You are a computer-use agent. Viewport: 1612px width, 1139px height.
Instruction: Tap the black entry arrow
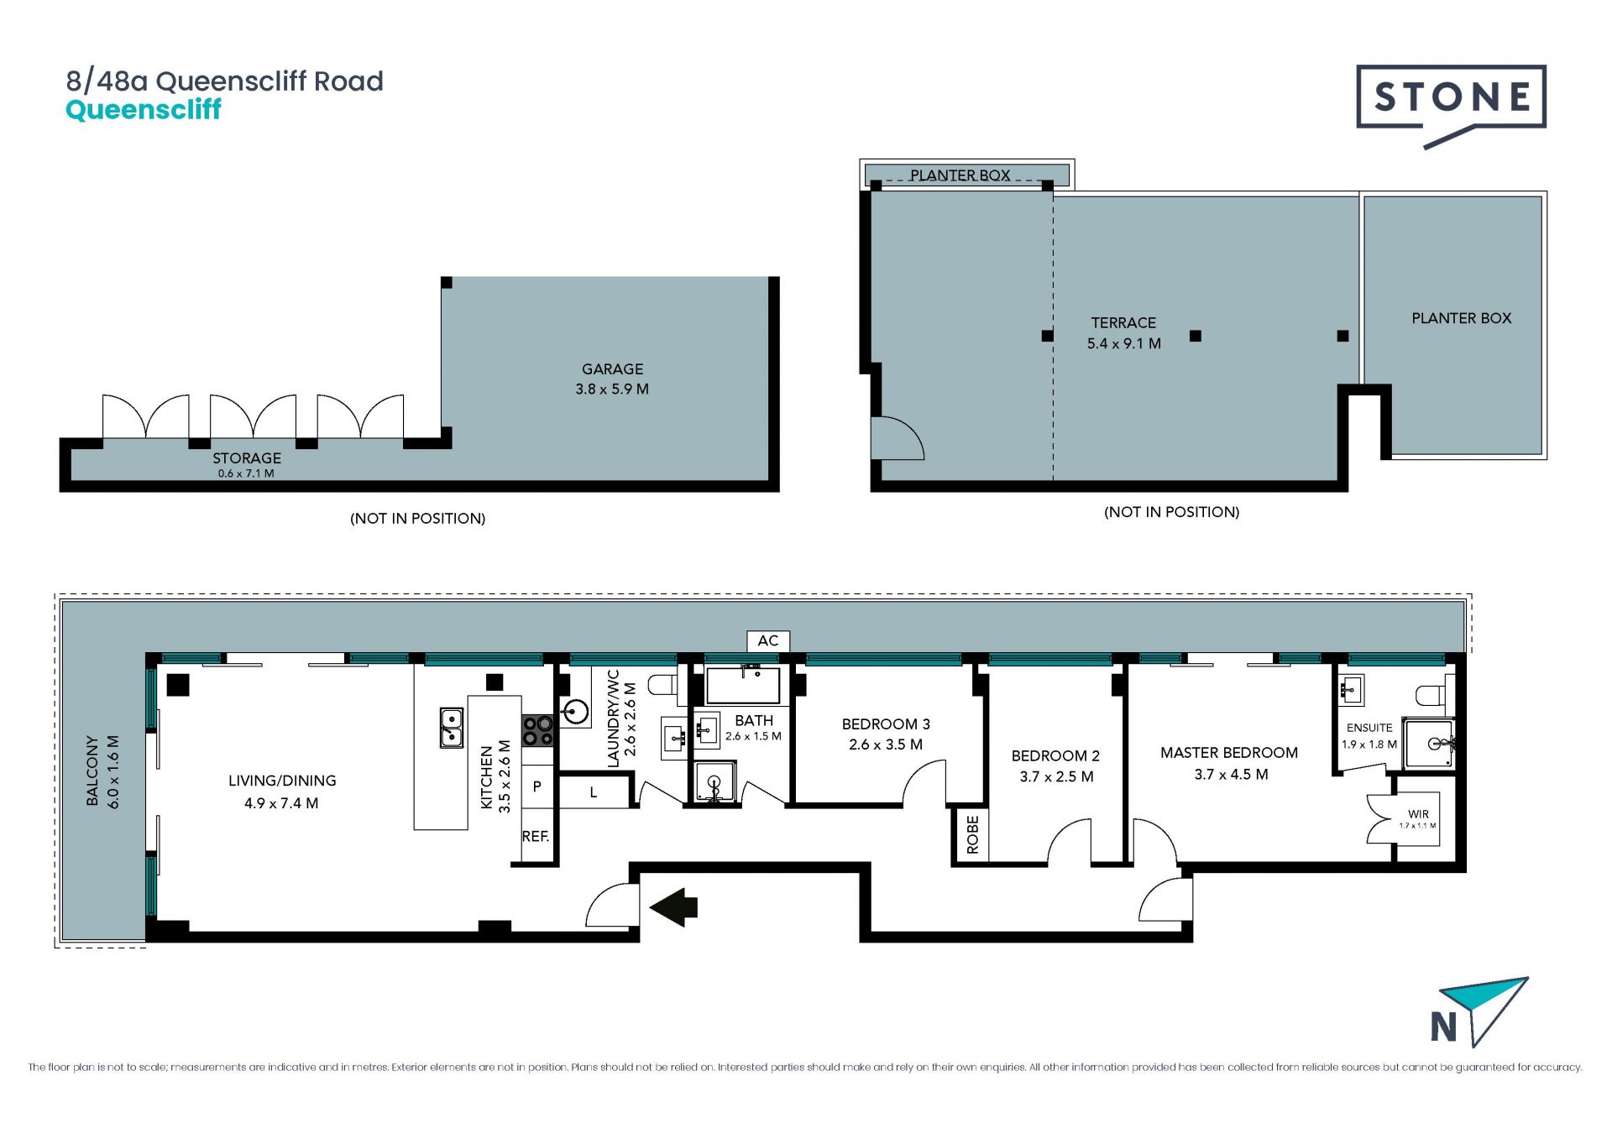point(673,907)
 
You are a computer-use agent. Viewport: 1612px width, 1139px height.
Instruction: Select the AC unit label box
point(768,641)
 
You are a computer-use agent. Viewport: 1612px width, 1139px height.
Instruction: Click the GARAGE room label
point(613,369)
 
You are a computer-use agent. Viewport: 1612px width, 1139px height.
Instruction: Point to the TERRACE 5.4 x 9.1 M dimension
point(1124,343)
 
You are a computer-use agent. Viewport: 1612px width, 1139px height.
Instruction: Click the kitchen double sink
point(452,728)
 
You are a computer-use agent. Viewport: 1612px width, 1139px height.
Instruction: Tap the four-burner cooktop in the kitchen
point(538,730)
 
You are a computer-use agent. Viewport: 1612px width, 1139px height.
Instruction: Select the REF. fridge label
point(536,837)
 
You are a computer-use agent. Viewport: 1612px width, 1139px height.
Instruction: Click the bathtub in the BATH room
point(743,685)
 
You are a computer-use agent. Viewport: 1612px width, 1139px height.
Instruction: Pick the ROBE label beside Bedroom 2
point(972,834)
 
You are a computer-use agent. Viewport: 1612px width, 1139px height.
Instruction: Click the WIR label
point(1419,814)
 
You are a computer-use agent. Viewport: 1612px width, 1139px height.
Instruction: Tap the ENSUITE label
point(1369,728)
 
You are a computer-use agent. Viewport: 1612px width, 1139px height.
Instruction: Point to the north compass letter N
point(1443,1027)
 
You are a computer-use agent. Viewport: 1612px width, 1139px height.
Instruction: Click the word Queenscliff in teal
point(144,110)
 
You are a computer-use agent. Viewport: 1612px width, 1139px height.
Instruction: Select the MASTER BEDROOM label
point(1229,753)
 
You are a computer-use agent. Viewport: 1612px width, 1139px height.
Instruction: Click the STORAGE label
point(247,458)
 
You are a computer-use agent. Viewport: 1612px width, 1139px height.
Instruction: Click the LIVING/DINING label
point(282,781)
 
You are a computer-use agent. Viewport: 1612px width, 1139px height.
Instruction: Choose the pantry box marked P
point(537,786)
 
